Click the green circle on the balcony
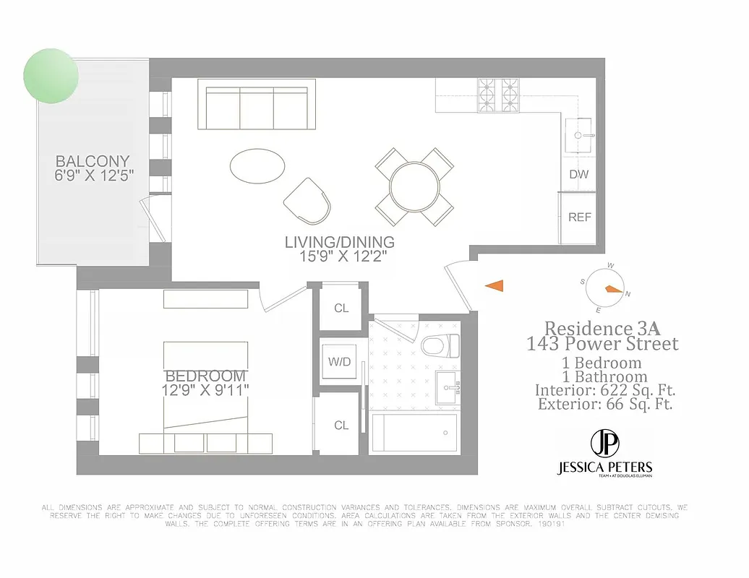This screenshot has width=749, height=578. point(51,75)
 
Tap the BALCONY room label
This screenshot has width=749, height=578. point(93,162)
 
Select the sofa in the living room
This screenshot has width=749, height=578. point(257,108)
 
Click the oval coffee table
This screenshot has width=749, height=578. point(257,166)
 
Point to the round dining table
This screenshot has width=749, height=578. point(415,186)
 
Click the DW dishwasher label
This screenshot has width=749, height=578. point(578,174)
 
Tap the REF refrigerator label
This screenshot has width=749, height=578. point(580,217)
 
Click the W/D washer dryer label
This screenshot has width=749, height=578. point(340,361)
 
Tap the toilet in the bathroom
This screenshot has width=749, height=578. point(440,345)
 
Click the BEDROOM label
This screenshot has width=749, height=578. point(206,376)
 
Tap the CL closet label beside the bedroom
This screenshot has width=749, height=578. point(341,426)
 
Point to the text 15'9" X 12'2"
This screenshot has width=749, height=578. point(340,256)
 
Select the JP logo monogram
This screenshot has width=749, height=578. point(604,442)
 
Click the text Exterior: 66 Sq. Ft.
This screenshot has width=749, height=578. point(605,405)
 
